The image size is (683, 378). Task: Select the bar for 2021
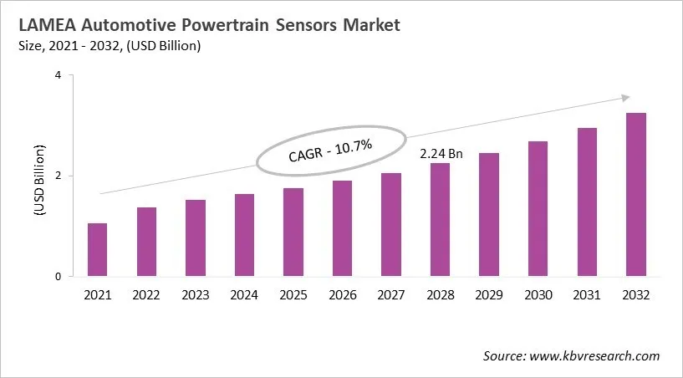[97, 250]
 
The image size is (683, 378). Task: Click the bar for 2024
[244, 235]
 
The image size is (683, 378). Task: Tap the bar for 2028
[440, 220]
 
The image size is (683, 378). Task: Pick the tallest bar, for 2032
[635, 195]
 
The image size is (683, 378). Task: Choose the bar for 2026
[342, 228]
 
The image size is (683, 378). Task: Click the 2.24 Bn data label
[441, 154]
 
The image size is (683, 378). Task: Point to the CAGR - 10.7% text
[332, 152]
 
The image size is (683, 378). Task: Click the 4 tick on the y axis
[59, 75]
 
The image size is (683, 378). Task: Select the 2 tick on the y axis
[59, 176]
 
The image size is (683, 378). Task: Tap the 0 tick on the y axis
[59, 277]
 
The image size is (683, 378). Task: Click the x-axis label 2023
[195, 294]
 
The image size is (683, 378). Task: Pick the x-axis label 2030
[538, 294]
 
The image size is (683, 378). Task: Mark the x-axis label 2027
[390, 294]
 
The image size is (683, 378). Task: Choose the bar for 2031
[587, 202]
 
